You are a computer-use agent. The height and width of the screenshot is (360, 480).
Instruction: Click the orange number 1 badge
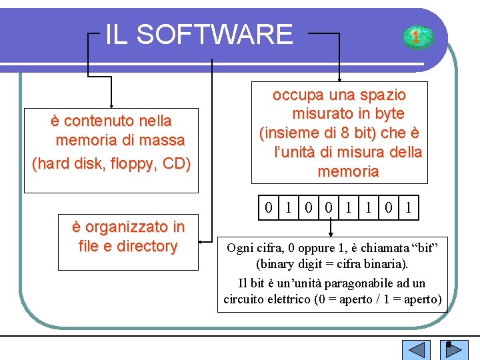(x=415, y=37)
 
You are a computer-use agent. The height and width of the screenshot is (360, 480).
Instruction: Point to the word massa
(x=165, y=141)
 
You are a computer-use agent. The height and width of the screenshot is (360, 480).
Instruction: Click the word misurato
(x=322, y=114)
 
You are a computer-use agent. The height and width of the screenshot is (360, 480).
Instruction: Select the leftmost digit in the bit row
(x=268, y=209)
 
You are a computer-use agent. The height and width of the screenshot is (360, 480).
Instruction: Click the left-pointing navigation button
(x=417, y=350)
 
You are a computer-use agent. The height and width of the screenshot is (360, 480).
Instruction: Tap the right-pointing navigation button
(x=455, y=350)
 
